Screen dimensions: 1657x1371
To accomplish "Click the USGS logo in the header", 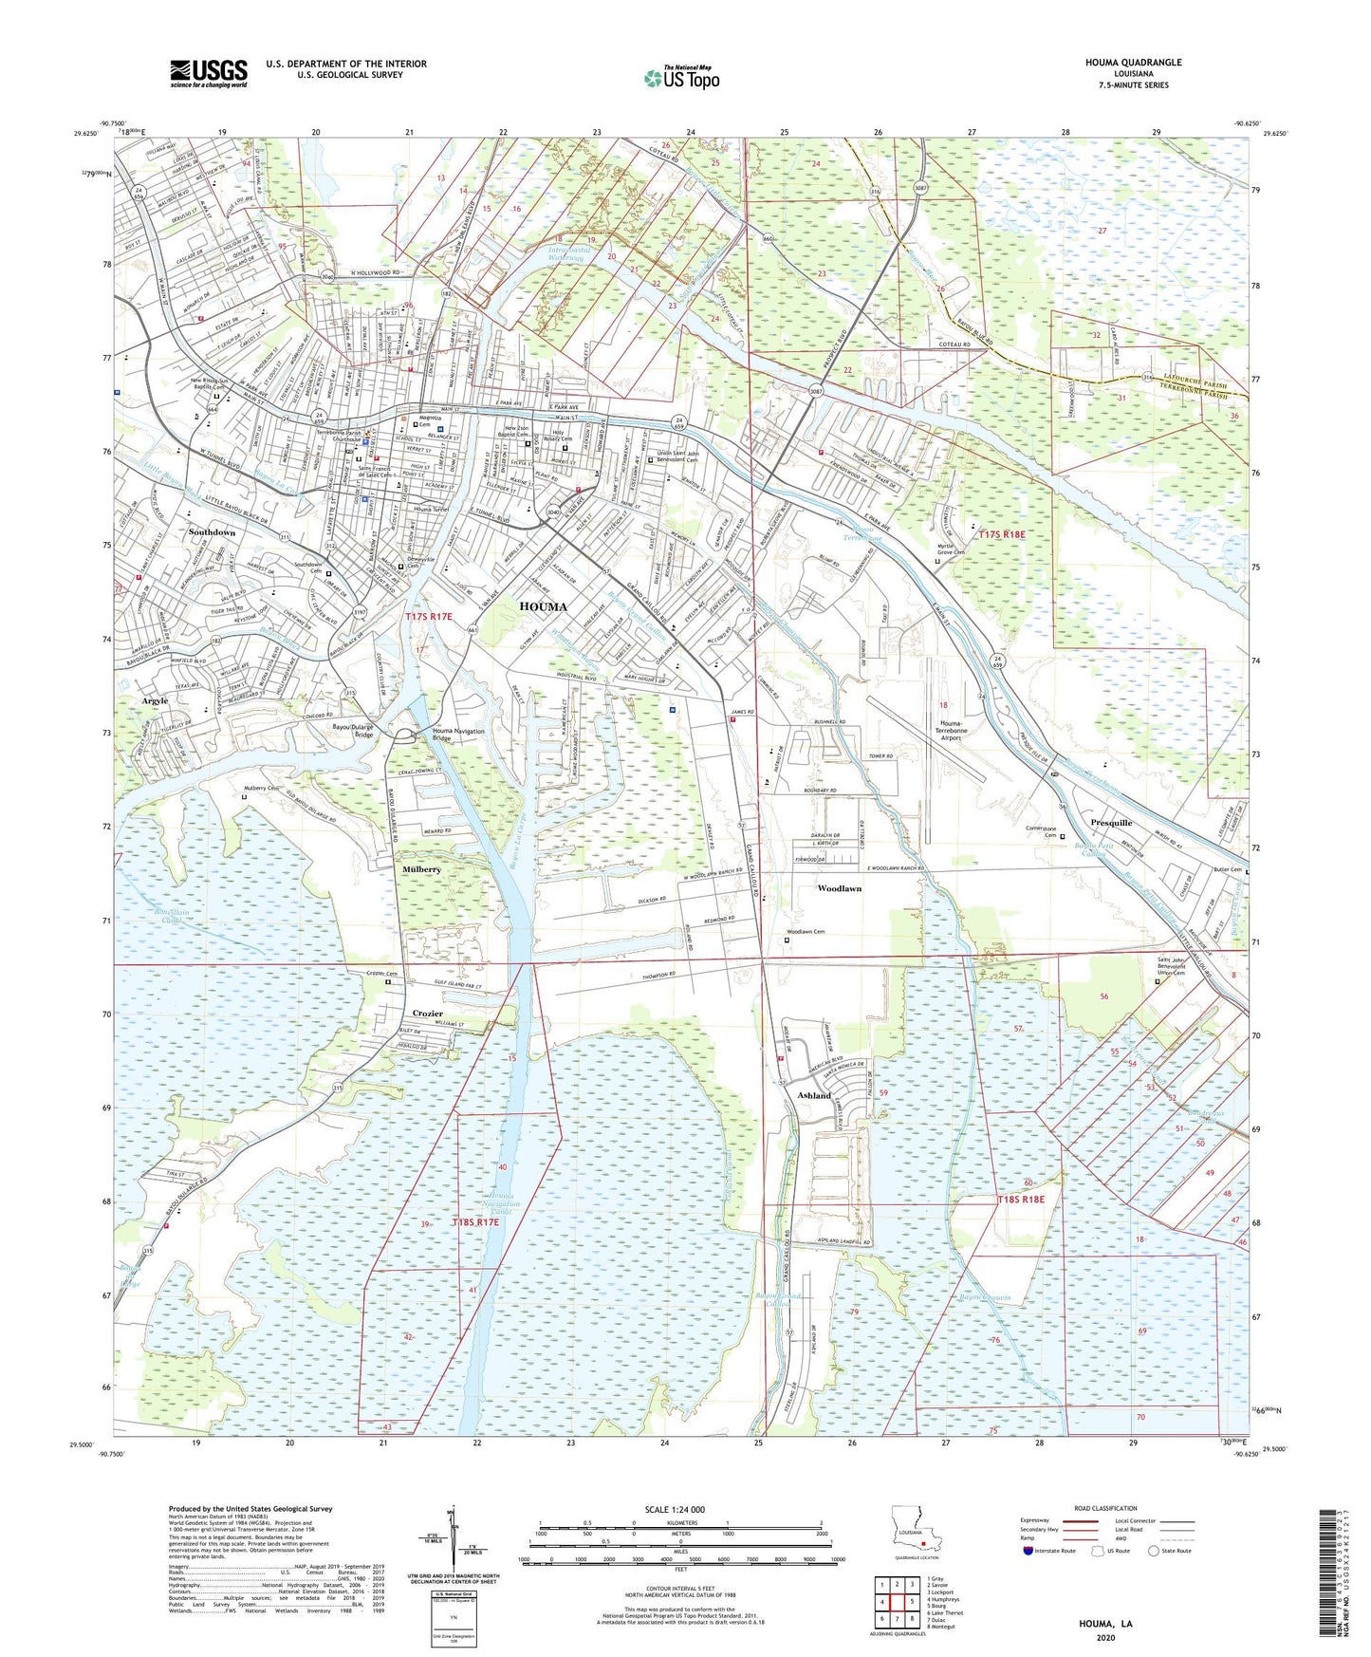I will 209,73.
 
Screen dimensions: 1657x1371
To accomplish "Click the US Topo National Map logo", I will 680,78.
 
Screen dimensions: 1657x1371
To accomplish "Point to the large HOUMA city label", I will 543,606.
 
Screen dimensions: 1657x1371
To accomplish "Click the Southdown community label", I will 212,532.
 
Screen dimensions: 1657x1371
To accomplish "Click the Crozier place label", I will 427,1014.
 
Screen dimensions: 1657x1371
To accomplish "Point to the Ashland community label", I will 814,1095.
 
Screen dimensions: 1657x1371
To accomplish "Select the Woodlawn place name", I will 840,888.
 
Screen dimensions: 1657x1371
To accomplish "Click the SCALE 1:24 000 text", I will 674,1510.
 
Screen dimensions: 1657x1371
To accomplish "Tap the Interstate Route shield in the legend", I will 1030,1552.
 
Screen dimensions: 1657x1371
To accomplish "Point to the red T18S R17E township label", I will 475,1223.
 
